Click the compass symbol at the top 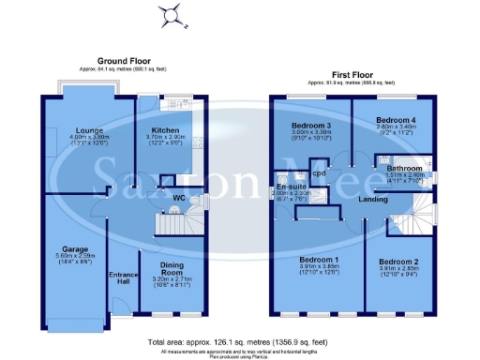click(170, 14)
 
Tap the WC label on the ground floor click(178, 198)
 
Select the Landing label click(374, 199)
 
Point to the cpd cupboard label click(319, 173)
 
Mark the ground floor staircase click(172, 224)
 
